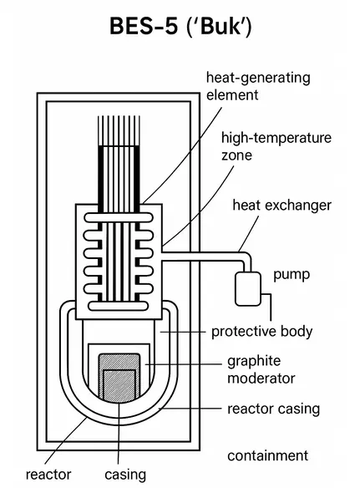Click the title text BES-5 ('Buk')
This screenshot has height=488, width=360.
click(180, 26)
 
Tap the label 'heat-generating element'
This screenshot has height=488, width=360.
click(258, 86)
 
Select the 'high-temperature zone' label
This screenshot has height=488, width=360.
click(276, 146)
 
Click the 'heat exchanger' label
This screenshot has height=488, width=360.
click(281, 206)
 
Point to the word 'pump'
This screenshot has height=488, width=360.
click(292, 275)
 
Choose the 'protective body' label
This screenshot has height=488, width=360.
click(261, 332)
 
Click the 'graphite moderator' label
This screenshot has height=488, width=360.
click(261, 369)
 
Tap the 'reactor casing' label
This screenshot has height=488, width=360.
click(273, 409)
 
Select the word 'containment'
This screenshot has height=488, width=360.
click(267, 455)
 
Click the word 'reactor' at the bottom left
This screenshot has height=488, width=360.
click(48, 475)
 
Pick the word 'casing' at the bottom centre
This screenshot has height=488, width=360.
click(125, 475)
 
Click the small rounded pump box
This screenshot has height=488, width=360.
click(248, 289)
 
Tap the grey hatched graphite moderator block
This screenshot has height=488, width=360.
click(119, 378)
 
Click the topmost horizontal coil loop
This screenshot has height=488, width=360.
click(119, 217)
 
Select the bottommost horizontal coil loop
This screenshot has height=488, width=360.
click(118, 306)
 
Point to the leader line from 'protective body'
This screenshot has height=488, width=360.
click(183, 332)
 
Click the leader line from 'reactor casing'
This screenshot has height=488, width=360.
click(190, 408)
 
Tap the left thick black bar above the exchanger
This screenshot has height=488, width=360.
click(101, 175)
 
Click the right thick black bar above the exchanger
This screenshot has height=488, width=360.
click(137, 175)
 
